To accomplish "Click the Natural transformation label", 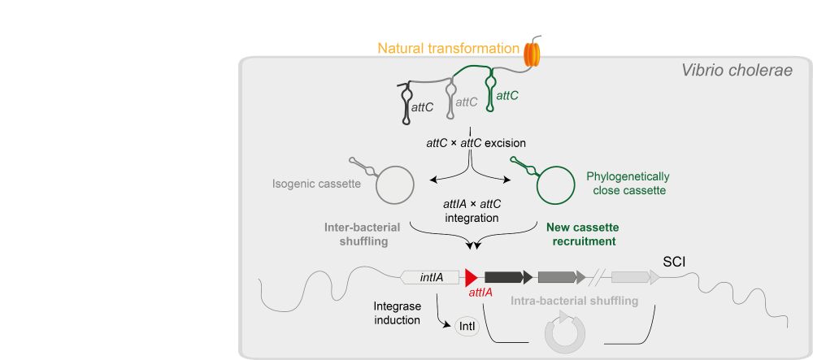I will click(x=448, y=49).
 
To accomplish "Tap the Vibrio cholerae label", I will click(x=737, y=71).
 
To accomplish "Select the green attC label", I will click(x=507, y=96).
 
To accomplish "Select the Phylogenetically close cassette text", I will click(x=625, y=183).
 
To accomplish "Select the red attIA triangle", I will click(x=470, y=276).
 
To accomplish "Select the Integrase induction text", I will click(x=397, y=314).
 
